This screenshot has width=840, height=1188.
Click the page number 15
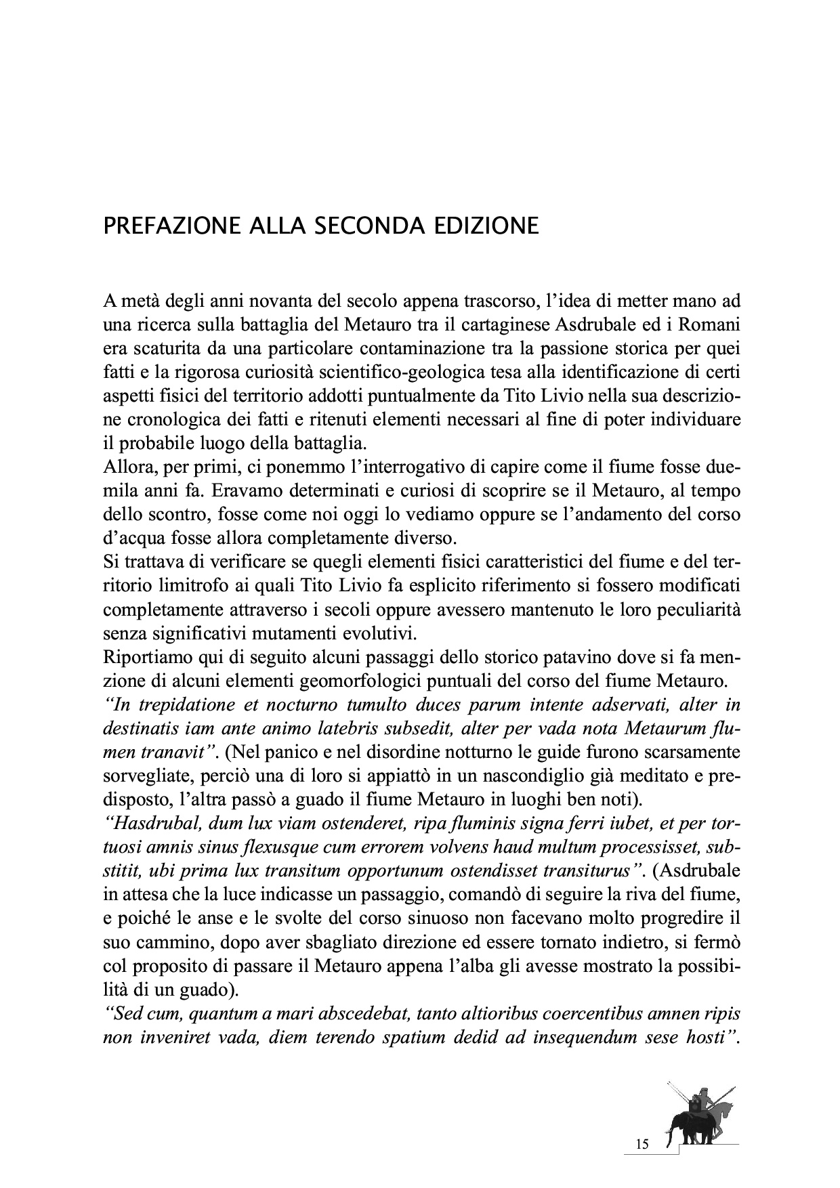click(642, 1144)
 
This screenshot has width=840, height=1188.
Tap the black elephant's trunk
click(670, 1137)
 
